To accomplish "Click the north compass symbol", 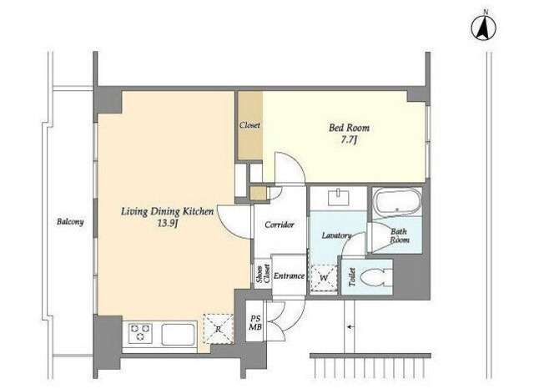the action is click(483, 28).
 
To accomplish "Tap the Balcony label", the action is click(70, 222).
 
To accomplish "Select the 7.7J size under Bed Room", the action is click(349, 139).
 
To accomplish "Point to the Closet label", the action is click(249, 125).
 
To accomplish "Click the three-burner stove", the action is click(140, 332).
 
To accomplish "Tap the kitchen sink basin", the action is click(179, 334).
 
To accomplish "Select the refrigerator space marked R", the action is click(219, 328).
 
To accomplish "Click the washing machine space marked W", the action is click(324, 278).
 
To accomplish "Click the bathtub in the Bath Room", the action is click(397, 202).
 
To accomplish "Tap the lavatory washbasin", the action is click(338, 198).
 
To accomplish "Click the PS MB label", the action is click(255, 323).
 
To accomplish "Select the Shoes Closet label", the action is click(264, 274).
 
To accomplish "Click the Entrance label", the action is click(290, 276).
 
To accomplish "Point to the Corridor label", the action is click(280, 225).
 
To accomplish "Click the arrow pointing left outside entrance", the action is click(350, 327).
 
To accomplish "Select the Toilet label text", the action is click(352, 277).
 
